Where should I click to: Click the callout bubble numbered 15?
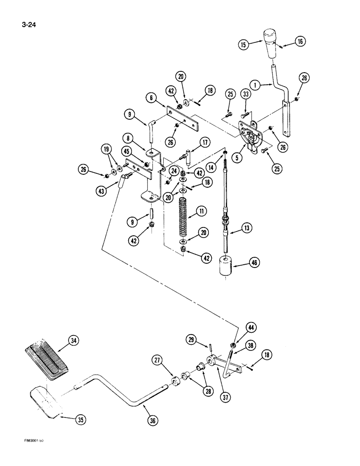click(x=243, y=45)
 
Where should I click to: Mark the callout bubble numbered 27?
click(x=157, y=360)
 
